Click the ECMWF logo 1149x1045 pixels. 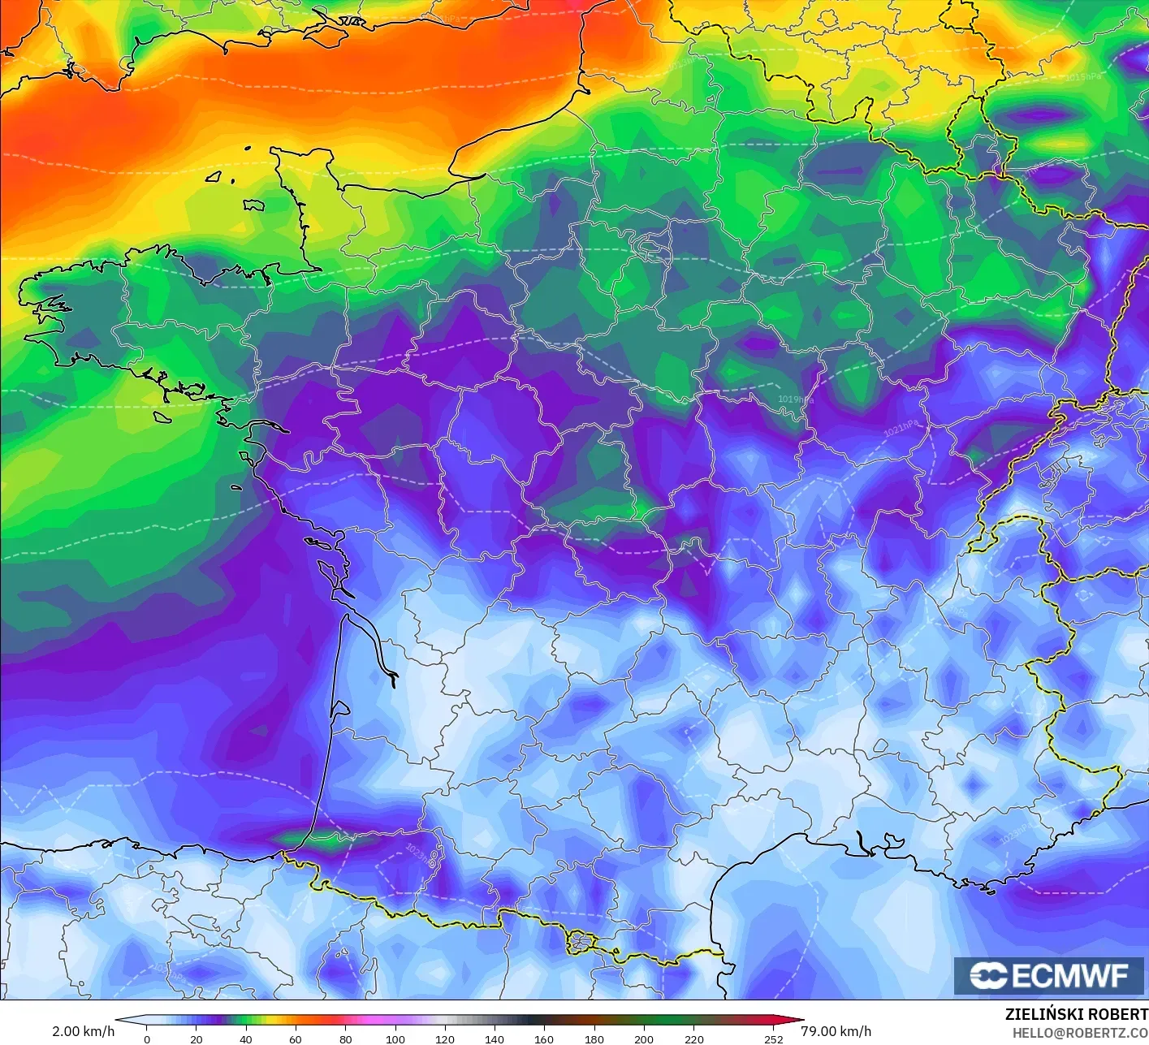tap(1049, 975)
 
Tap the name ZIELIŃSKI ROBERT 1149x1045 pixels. tap(1076, 1014)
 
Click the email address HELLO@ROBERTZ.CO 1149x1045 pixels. tap(1080, 1033)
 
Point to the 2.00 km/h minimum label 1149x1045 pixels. tap(83, 1031)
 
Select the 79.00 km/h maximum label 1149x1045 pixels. tap(836, 1031)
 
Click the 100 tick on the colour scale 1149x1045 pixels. tap(395, 1039)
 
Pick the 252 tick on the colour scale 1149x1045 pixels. tap(774, 1039)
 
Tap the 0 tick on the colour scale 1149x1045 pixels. tap(147, 1039)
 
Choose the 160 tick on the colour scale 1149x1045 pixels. tap(544, 1039)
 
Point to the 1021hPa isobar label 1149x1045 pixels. tap(902, 428)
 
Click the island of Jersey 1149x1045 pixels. tap(254, 205)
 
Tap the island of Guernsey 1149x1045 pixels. tap(214, 176)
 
